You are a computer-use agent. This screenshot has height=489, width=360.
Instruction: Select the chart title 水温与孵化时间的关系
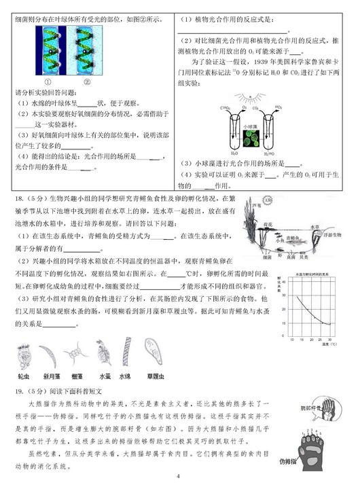[x=308, y=274]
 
